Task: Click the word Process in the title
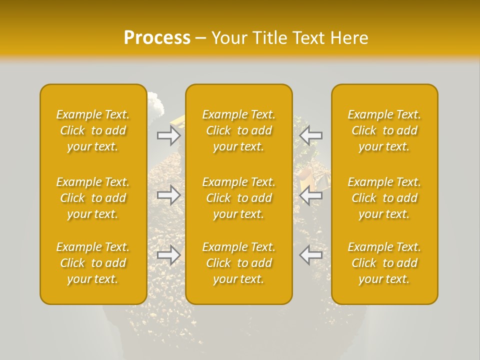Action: [157, 38]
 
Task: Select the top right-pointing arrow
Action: [168, 135]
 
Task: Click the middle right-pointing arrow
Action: [168, 195]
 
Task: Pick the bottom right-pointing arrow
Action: [168, 255]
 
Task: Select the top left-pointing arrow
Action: [311, 135]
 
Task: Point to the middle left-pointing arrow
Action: [311, 195]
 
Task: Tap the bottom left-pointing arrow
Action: [311, 255]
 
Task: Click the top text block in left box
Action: [93, 130]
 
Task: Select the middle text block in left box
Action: [93, 198]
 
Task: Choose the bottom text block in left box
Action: [93, 263]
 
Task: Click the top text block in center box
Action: [239, 130]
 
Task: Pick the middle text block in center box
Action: [239, 198]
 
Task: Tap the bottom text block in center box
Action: [239, 263]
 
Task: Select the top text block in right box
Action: [384, 130]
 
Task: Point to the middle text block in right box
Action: [384, 198]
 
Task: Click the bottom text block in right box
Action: [384, 263]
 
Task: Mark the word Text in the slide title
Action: [308, 38]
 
